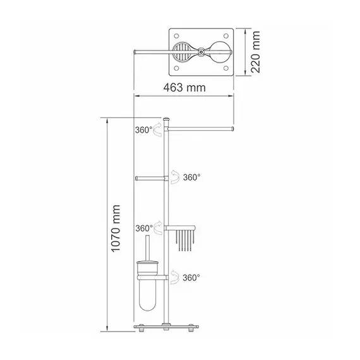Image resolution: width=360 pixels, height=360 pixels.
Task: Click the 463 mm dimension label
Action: pyautogui.click(x=184, y=88)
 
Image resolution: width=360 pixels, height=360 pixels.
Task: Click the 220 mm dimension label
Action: pyautogui.click(x=255, y=52)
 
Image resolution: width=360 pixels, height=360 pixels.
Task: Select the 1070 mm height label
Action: pyautogui.click(x=116, y=229)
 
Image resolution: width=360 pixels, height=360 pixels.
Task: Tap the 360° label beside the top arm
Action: pyautogui.click(x=143, y=130)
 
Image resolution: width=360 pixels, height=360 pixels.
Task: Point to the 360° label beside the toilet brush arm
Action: pyautogui.click(x=191, y=277)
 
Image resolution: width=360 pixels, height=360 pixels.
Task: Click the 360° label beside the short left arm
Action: pyautogui.click(x=191, y=177)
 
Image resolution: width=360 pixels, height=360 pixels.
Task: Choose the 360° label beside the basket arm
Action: pyautogui.click(x=144, y=228)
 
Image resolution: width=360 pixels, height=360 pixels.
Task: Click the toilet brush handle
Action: pyautogui.click(x=148, y=248)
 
